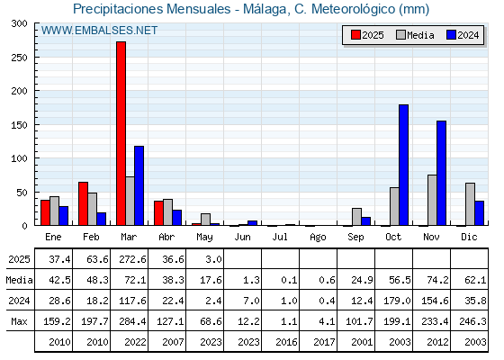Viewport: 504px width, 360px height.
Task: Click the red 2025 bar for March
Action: (121, 133)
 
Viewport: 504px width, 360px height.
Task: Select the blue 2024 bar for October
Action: (403, 165)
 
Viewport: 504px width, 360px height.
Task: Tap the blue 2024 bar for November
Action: (441, 173)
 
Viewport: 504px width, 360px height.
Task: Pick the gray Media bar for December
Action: (470, 204)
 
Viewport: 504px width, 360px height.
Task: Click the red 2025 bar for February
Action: (83, 203)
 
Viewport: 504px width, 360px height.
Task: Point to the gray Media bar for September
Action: (356, 217)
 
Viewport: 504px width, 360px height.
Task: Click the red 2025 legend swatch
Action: (355, 35)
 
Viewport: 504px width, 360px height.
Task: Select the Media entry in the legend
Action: (415, 35)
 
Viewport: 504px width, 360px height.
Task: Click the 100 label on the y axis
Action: (19, 158)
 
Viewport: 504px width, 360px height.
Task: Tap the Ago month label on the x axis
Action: (318, 238)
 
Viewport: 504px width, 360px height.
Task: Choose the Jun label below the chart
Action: (242, 238)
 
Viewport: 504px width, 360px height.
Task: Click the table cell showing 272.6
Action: (132, 259)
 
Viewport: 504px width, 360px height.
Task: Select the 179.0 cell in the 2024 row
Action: (397, 301)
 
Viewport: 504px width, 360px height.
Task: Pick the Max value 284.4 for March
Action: (132, 321)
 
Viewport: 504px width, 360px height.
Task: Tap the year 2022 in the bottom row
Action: (135, 342)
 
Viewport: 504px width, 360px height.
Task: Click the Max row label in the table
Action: (19, 321)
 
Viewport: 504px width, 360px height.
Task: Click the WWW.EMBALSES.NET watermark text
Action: (99, 31)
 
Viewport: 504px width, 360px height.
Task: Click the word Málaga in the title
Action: (265, 9)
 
